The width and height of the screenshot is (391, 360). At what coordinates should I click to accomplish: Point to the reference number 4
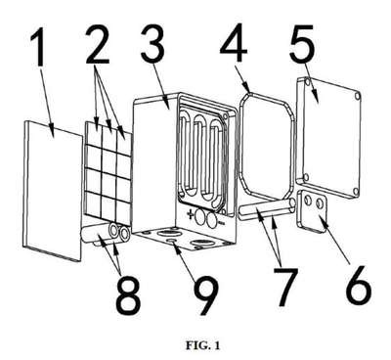tap(234, 42)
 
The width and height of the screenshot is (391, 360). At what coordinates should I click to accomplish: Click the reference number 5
tap(302, 42)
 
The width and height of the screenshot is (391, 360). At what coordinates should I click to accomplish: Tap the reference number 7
tap(284, 286)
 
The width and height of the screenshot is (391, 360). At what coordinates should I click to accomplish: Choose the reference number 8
tap(128, 295)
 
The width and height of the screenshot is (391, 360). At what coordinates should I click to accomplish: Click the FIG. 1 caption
tap(202, 345)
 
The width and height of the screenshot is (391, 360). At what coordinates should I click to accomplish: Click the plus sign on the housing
tap(190, 214)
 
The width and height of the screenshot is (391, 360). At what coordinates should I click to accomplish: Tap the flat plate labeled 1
tap(53, 190)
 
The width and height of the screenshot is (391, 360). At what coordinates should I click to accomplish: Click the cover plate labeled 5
tap(329, 138)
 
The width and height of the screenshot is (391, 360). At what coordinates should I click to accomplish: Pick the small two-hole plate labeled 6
tap(312, 210)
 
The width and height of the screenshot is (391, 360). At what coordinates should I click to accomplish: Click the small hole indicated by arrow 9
tap(171, 241)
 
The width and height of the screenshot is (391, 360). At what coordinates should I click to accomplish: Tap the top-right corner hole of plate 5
tap(358, 97)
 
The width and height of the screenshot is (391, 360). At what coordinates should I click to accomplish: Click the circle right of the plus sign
tap(199, 218)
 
